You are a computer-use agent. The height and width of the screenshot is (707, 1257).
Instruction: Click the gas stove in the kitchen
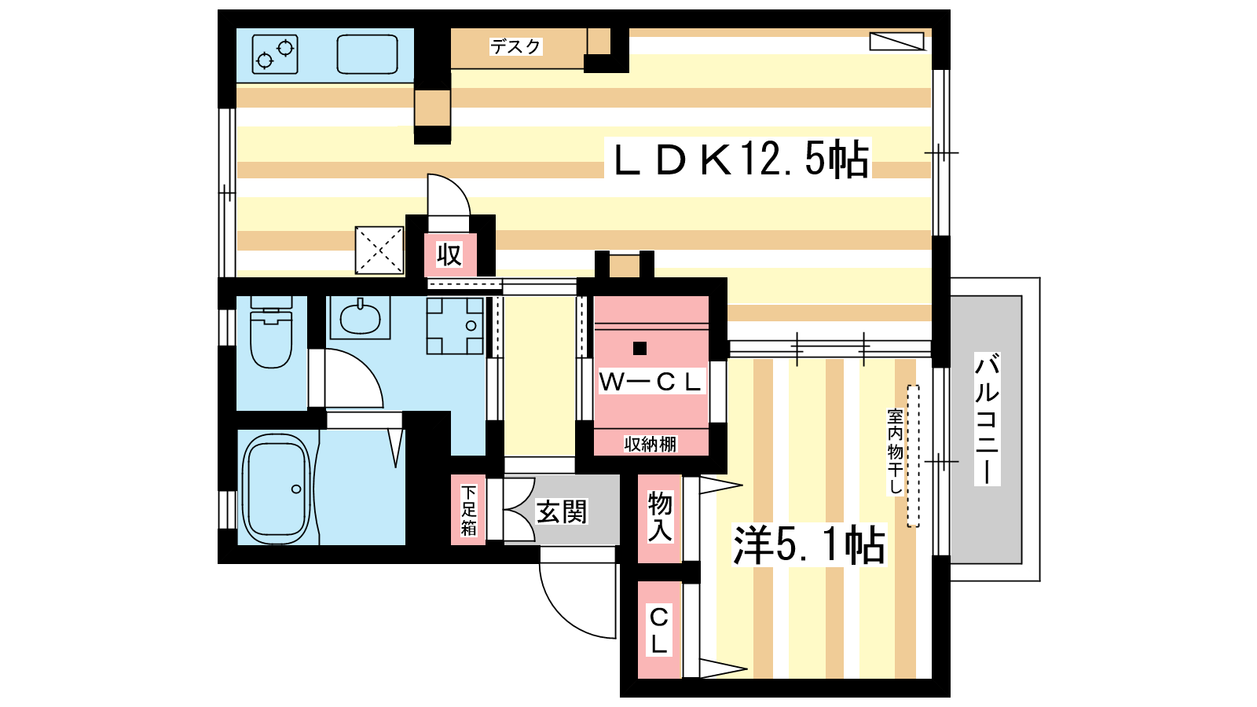pos(274,54)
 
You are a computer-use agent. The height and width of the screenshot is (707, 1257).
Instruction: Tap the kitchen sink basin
pos(367,54)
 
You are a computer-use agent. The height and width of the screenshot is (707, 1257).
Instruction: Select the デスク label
pos(515,46)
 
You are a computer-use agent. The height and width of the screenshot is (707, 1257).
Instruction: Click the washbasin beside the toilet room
pos(360,317)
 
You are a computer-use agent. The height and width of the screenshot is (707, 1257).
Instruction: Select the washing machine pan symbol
pos(455,325)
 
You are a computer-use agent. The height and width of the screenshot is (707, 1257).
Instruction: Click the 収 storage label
pos(449,255)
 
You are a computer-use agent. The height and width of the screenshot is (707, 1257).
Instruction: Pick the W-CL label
pos(650,382)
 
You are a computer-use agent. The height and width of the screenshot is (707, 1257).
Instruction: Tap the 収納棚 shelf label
pos(650,445)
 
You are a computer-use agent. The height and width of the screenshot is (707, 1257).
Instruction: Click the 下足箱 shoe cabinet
pos(468,510)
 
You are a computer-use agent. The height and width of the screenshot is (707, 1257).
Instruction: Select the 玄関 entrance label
pos(561,511)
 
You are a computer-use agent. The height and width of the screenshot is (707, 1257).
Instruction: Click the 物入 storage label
pos(660,517)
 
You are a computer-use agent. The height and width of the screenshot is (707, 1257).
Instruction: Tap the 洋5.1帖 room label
pos(808,545)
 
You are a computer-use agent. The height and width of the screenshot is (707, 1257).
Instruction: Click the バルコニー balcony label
pos(987,419)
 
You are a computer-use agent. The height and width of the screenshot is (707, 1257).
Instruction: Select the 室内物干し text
pos(895,452)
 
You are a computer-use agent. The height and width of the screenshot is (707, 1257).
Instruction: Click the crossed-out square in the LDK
pos(379,251)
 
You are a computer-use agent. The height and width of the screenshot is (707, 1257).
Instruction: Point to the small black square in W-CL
pos(639,349)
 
